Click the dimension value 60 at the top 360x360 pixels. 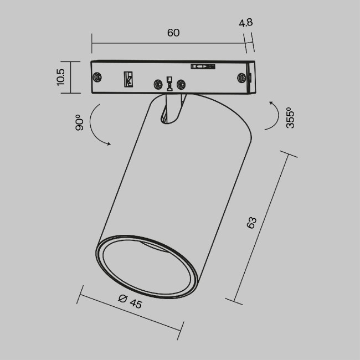[173, 33]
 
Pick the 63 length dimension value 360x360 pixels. [251, 223]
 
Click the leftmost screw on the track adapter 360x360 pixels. [98, 77]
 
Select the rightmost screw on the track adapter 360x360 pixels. [241, 78]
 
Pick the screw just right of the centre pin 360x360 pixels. [180, 84]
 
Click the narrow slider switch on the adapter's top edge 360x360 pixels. [202, 66]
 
